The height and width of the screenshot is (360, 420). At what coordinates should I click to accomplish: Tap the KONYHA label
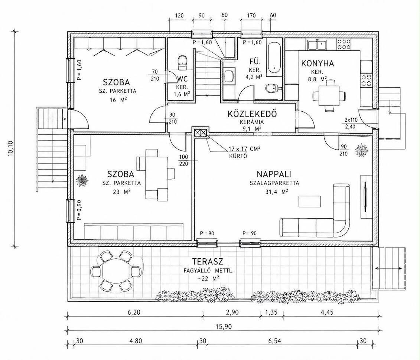[318, 63]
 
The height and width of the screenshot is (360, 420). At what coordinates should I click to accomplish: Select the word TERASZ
[208, 262]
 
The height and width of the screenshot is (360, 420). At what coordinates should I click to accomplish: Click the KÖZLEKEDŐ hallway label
[252, 114]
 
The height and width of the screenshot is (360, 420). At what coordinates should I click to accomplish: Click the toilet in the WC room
[182, 61]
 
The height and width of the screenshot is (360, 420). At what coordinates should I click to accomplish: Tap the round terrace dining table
[116, 271]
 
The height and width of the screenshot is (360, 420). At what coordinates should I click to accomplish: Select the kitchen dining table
[329, 95]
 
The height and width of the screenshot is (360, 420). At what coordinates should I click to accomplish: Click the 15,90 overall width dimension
[224, 326]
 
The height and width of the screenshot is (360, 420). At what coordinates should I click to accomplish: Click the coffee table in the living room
[310, 201]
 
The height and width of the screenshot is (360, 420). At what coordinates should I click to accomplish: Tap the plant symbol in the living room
[361, 150]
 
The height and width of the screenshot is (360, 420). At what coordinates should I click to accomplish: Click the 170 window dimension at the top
[251, 16]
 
